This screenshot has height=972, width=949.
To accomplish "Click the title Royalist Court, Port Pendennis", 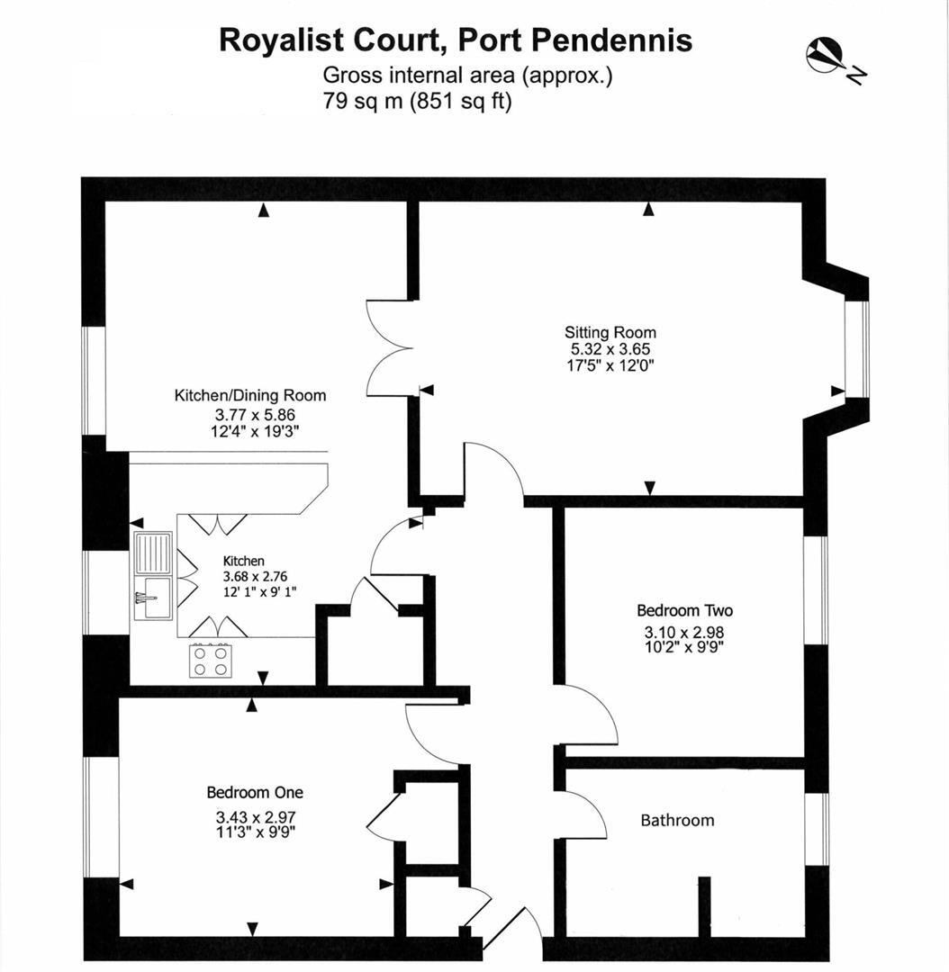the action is (x=456, y=40).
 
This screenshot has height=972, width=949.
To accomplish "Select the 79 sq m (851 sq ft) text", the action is (x=417, y=101).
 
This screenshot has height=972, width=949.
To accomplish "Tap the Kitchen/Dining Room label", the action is (x=249, y=395).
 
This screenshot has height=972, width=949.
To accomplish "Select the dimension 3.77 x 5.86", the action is (x=255, y=414).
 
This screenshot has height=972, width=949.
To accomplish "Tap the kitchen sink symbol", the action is (x=153, y=575).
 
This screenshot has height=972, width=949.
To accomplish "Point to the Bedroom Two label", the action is (x=684, y=611).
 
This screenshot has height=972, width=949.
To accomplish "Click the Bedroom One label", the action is (x=255, y=793).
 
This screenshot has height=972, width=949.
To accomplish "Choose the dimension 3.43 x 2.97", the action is (x=256, y=817).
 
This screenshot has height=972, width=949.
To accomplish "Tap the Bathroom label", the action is (x=677, y=820).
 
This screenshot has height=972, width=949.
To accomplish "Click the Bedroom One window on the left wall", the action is (x=88, y=816).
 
